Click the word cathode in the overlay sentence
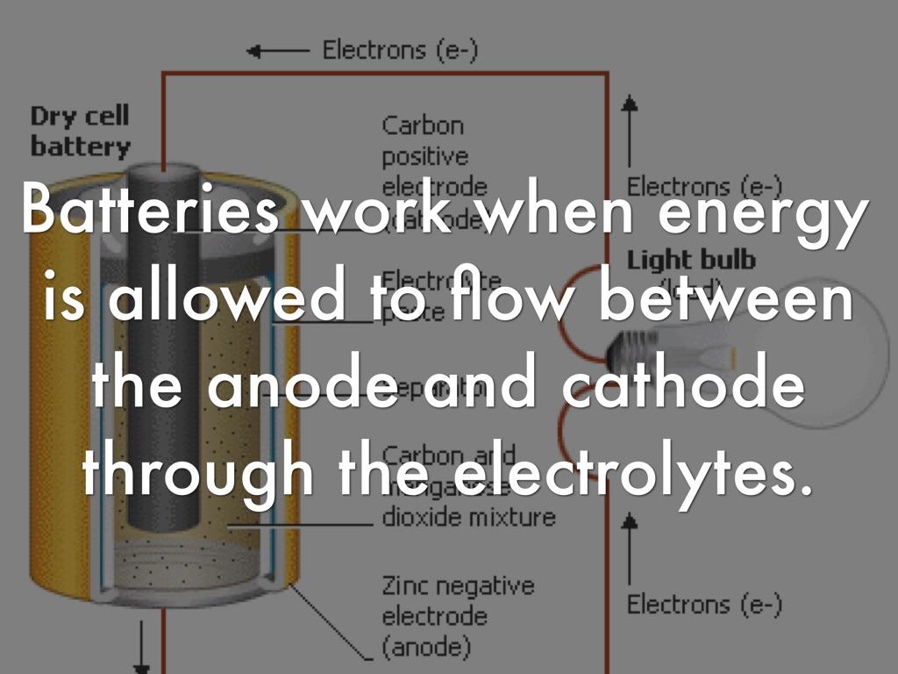click(x=683, y=387)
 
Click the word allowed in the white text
click(x=230, y=301)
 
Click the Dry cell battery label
click(x=79, y=131)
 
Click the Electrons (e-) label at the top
click(x=400, y=50)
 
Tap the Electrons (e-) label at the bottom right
click(x=704, y=604)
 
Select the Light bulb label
click(x=691, y=261)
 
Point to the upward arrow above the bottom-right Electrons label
click(x=629, y=549)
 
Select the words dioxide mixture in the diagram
click(x=468, y=517)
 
